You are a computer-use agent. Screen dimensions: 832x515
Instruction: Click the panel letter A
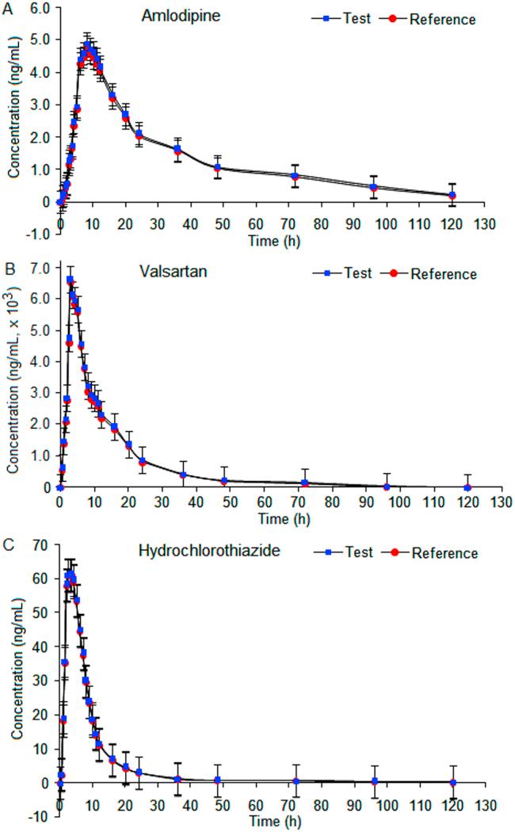7,6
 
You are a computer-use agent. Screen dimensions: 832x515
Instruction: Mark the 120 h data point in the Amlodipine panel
452,195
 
